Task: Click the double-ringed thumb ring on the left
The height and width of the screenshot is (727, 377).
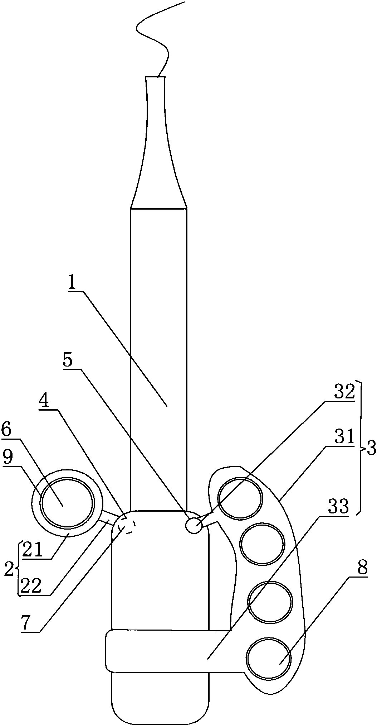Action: pos(67,502)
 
